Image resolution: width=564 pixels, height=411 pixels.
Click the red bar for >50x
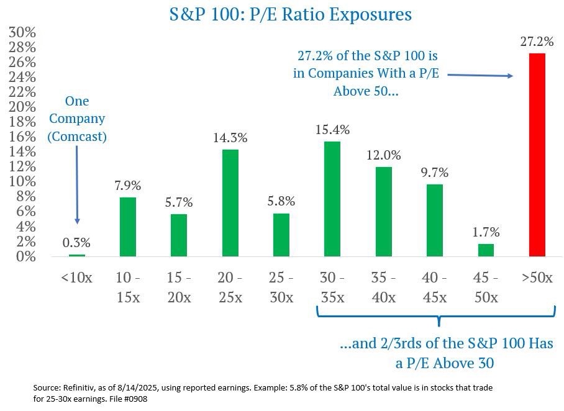(537, 155)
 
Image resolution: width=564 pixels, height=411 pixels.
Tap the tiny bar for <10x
(77, 255)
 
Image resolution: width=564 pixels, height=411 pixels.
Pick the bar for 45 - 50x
(486, 250)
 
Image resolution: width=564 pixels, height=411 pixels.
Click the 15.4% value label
(333, 130)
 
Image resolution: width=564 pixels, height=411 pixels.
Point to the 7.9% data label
(128, 186)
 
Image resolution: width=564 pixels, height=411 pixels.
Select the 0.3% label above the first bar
(77, 243)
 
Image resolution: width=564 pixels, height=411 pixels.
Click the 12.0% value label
(384, 155)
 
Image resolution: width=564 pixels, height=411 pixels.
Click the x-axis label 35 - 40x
(383, 287)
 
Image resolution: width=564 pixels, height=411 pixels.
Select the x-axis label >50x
(537, 278)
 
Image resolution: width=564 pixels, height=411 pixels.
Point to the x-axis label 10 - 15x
(128, 287)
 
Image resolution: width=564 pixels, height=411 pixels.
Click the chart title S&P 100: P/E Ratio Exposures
(291, 14)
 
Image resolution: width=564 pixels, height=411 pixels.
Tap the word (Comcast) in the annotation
(77, 135)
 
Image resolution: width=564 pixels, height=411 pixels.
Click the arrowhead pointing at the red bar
(511, 76)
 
